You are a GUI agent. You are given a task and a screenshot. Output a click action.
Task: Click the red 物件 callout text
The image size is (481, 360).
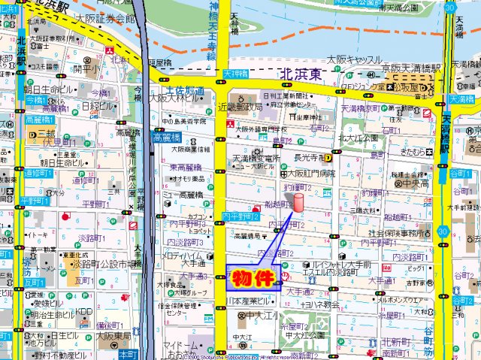click(253, 279)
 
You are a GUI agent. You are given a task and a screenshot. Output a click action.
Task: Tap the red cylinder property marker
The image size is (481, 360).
click(298, 204)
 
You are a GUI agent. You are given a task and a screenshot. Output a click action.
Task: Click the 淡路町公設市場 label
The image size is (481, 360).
click(106, 265)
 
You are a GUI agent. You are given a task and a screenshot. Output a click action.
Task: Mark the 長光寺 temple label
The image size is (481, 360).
click(309, 157)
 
